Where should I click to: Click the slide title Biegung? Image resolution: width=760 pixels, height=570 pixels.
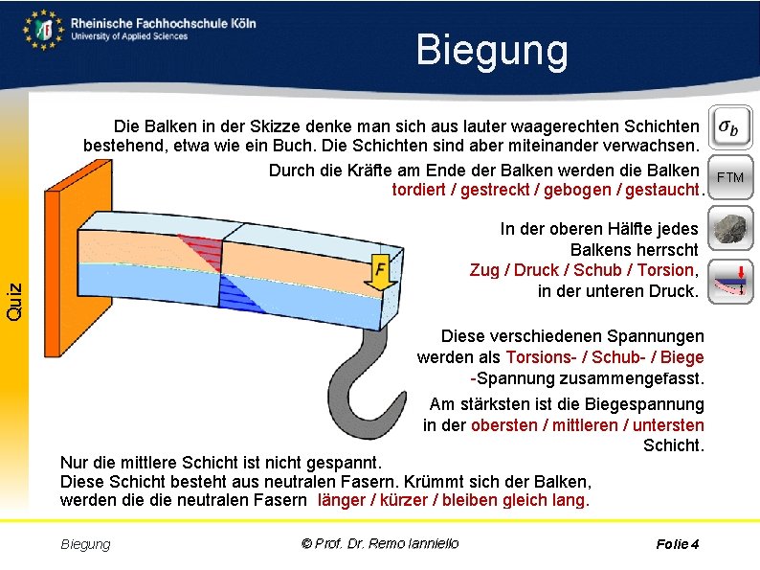[x=491, y=50]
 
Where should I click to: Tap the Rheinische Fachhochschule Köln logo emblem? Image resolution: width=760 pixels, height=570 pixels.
[x=44, y=30]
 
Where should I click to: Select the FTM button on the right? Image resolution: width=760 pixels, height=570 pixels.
[x=730, y=176]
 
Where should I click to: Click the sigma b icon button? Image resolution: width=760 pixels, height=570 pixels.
[x=730, y=126]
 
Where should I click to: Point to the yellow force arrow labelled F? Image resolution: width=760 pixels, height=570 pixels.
[x=380, y=273]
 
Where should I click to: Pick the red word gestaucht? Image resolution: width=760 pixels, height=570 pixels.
[x=661, y=190]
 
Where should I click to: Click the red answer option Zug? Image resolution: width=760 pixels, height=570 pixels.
[x=485, y=270]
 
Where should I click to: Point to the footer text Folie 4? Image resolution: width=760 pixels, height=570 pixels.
[x=678, y=544]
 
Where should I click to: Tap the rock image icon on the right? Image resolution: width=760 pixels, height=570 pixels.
[x=730, y=228]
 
